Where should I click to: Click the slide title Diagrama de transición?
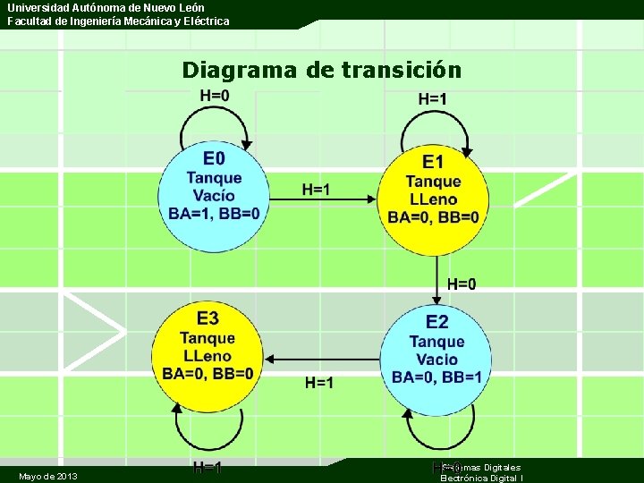point(321,70)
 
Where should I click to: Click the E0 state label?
point(214,159)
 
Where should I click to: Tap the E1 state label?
point(433,162)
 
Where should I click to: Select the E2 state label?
point(436,322)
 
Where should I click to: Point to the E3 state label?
point(208,318)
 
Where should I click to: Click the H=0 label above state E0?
point(214,96)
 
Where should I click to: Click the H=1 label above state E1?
point(432,99)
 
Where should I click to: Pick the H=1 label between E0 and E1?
point(315,189)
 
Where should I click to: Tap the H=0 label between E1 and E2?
point(462,284)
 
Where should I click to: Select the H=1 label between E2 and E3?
point(319,383)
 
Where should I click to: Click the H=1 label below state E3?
point(208,468)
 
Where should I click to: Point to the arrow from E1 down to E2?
point(437,277)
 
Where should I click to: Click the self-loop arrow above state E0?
point(215,121)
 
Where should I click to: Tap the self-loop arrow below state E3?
point(208,438)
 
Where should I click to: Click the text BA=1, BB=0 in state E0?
point(214,213)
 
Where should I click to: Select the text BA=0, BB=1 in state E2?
point(436,377)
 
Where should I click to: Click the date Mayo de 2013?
point(47,476)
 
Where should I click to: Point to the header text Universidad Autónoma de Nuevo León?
point(106,7)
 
